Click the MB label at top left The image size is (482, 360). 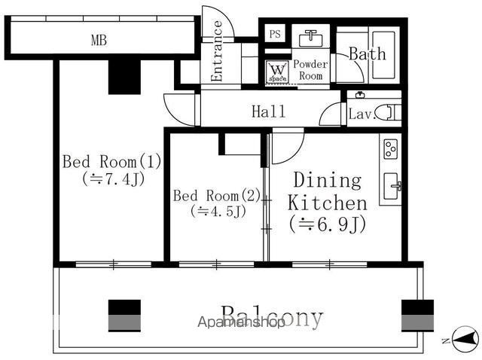pyautogui.click(x=99, y=41)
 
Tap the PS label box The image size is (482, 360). pyautogui.click(x=275, y=35)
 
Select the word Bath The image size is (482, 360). pyautogui.click(x=367, y=53)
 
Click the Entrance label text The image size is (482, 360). pyautogui.click(x=218, y=51)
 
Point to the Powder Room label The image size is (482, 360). pyautogui.click(x=310, y=70)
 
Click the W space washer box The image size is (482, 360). pyautogui.click(x=276, y=72)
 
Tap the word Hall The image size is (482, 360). pyautogui.click(x=268, y=111)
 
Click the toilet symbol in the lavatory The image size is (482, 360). pyautogui.click(x=388, y=113)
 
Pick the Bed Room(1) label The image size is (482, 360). pyautogui.click(x=111, y=161)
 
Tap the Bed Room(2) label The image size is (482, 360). pyautogui.click(x=216, y=196)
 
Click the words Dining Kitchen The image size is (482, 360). pyautogui.click(x=328, y=191)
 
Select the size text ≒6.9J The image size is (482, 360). pyautogui.click(x=328, y=224)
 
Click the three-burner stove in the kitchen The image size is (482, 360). pyautogui.click(x=391, y=148)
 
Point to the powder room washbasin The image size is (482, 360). pyautogui.click(x=310, y=38)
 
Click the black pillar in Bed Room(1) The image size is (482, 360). pyautogui.click(x=124, y=76)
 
